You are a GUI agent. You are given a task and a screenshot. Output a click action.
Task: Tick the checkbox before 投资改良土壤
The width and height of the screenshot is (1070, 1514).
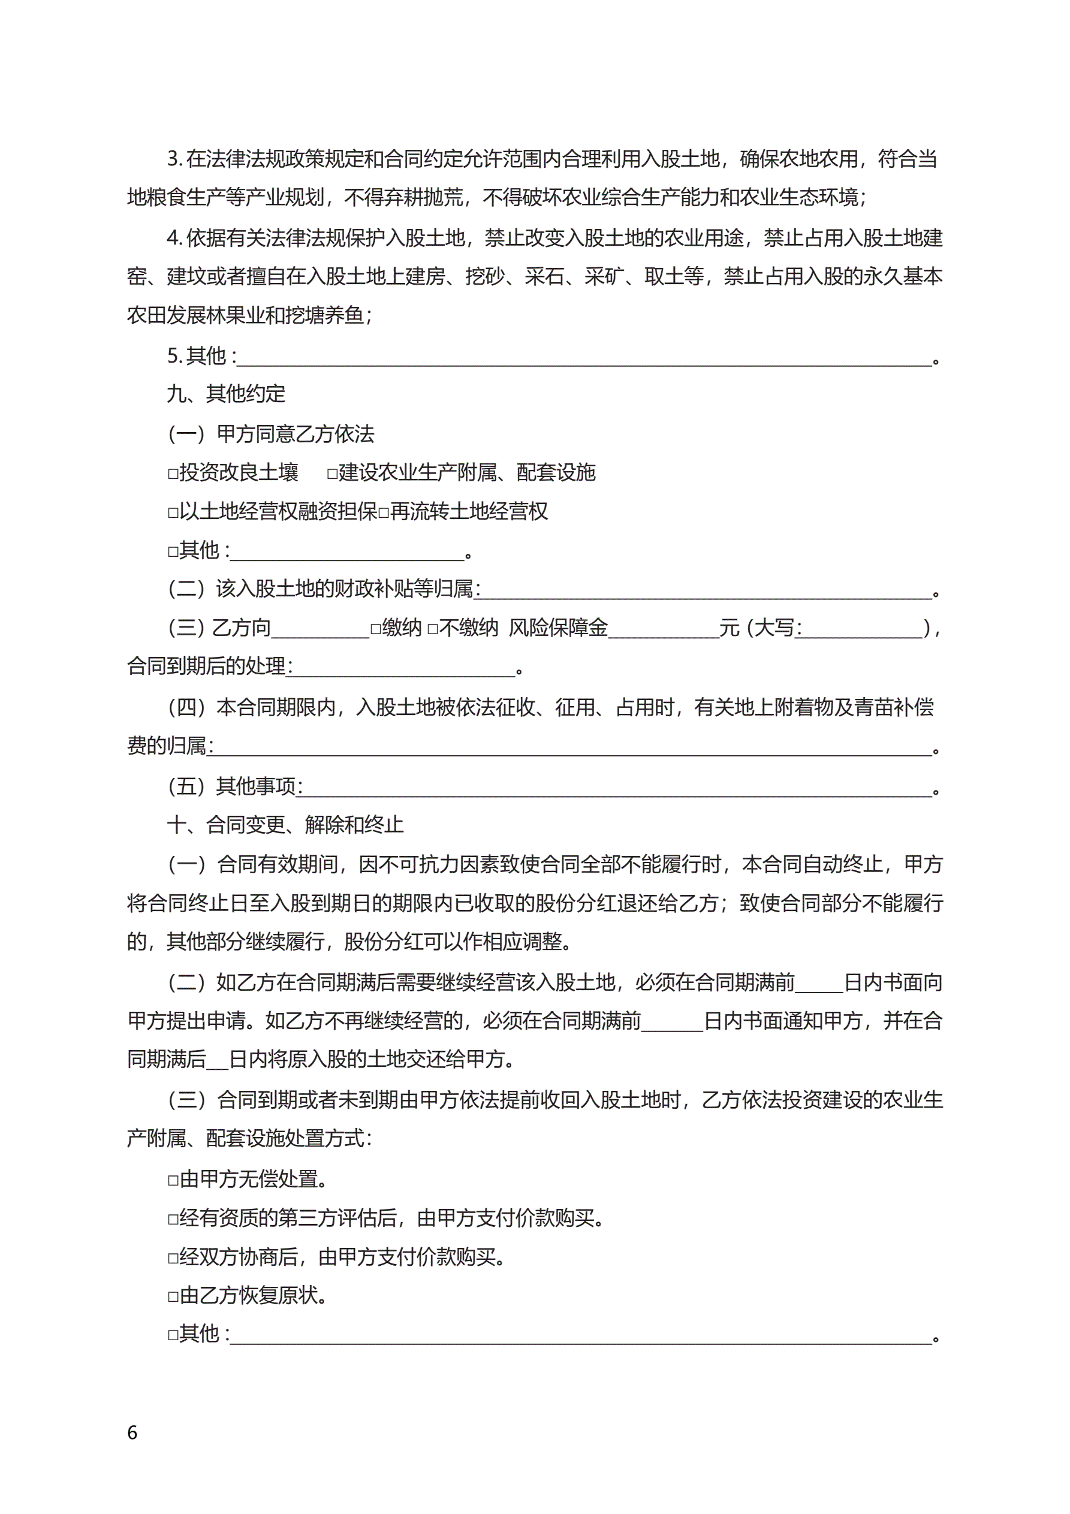coord(173,473)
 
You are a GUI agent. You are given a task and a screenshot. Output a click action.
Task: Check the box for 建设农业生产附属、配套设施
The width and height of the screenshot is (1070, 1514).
coord(332,473)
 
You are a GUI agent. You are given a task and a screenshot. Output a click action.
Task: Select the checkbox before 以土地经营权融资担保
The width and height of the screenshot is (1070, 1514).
coord(173,512)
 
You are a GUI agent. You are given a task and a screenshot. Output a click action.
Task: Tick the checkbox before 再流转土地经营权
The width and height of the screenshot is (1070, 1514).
coord(383,512)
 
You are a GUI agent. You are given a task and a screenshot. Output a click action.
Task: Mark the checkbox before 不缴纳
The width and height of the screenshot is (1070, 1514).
coord(433,628)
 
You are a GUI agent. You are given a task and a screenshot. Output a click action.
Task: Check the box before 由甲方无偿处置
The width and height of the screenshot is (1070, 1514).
coord(173,1180)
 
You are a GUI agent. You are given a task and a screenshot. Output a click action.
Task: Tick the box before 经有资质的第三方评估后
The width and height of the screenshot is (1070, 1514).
coord(173,1219)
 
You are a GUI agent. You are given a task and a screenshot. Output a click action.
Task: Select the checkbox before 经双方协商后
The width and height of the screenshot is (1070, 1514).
coord(173,1258)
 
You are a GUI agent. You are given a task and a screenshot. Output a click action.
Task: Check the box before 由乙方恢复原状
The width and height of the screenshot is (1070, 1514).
coord(173,1296)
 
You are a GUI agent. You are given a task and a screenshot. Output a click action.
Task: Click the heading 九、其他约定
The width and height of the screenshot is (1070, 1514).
coord(225,394)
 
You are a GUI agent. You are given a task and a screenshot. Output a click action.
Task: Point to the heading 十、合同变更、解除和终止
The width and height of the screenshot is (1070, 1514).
coord(285,824)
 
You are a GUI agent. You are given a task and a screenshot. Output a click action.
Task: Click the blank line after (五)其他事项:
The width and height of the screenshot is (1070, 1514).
coord(617,789)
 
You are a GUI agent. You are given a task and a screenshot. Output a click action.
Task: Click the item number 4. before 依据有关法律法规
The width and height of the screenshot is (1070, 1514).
coord(174,238)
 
